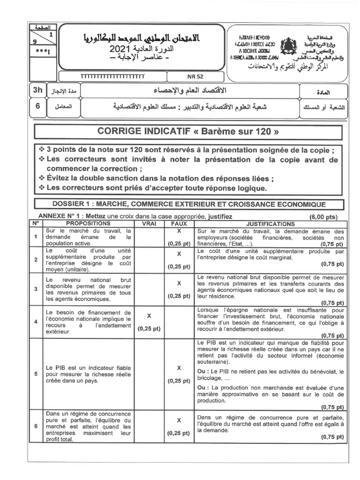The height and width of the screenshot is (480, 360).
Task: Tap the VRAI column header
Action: click(149, 224)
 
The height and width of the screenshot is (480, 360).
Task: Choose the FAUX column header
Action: click(179, 224)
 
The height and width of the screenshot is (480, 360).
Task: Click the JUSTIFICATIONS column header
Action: click(270, 224)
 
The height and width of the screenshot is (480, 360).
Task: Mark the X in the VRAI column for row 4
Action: click(149, 316)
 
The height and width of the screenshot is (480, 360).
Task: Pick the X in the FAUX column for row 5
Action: click(179, 367)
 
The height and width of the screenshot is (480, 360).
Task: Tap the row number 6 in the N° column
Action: click(36, 426)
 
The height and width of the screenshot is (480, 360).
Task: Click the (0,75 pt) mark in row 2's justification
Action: click(332, 264)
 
